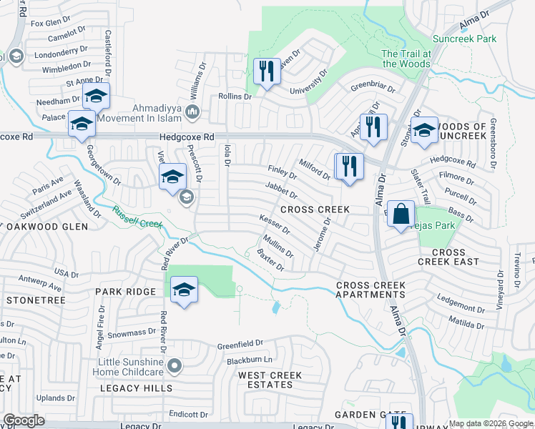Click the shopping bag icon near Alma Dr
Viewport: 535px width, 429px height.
403,214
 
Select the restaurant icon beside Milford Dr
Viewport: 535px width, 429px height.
349,167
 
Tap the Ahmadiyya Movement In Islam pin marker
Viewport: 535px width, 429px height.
192,111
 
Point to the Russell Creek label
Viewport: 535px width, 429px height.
138,218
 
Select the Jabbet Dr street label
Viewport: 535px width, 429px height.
280,190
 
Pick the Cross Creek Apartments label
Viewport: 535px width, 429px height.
370,290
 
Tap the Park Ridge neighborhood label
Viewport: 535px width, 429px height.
126,292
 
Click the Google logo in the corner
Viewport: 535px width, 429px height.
24,420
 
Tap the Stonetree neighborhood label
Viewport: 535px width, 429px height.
36,300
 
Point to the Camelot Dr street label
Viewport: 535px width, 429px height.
67,39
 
